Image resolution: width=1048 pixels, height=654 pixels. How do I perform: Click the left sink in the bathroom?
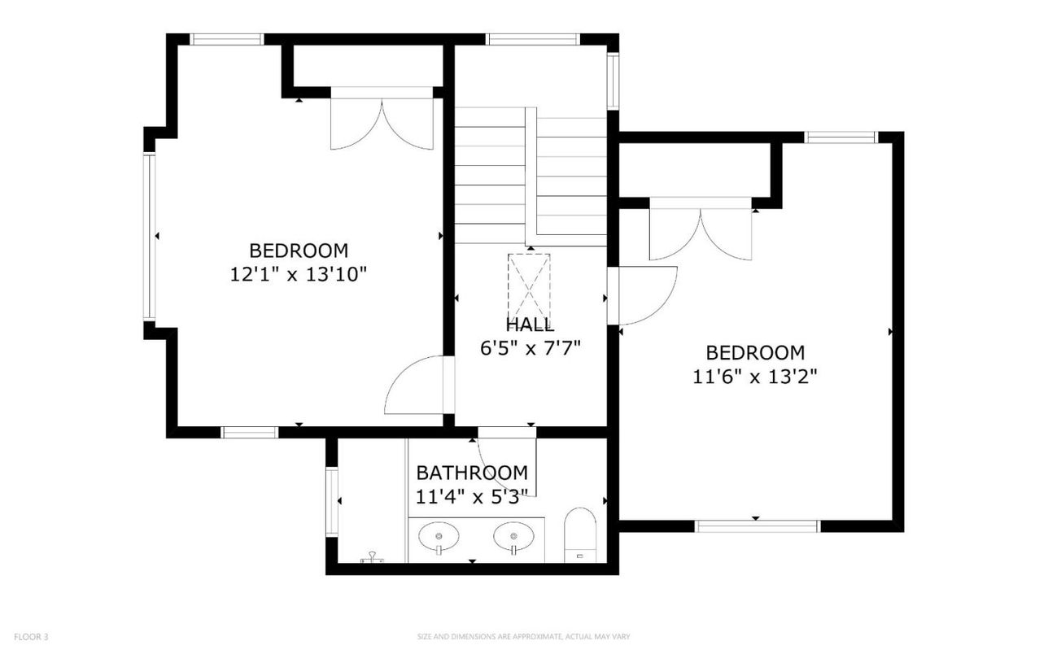click(439, 538)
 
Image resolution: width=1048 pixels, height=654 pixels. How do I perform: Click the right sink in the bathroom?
click(513, 538)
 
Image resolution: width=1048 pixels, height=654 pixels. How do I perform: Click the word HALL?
click(530, 325)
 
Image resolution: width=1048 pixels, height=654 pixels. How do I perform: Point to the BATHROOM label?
click(472, 473)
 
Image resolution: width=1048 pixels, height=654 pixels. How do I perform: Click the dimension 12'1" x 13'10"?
click(299, 274)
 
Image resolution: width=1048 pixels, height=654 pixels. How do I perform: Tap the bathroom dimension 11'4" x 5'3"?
click(472, 494)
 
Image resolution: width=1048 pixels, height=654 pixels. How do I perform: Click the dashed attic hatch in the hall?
click(529, 288)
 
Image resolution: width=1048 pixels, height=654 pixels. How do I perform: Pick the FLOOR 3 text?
click(31, 637)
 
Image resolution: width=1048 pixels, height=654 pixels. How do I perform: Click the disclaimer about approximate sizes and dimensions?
click(523, 637)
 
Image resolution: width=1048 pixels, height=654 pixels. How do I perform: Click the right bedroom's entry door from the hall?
click(645, 294)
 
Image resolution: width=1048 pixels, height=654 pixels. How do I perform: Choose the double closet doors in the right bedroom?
click(700, 233)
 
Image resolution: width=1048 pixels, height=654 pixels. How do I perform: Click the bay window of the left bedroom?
click(149, 236)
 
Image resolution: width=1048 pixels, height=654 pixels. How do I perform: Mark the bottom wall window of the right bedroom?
click(757, 526)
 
